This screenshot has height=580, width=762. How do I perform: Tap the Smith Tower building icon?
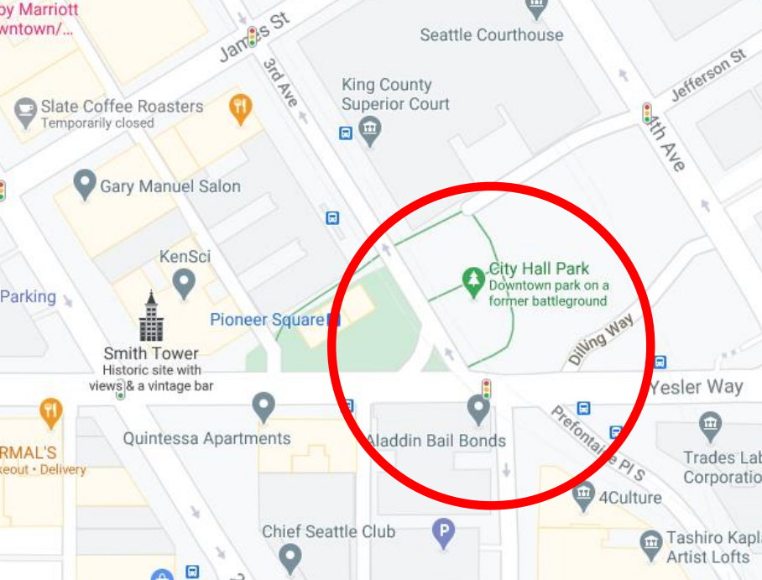coord(151,317)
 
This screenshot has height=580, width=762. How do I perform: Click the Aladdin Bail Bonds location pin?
coord(478,410)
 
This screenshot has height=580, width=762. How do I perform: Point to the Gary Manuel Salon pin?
coord(85,184)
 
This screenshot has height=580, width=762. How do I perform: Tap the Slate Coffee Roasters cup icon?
coord(26,109)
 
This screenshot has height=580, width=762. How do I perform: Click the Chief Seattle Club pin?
coord(290,556)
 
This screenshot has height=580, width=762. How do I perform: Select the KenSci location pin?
coord(184,284)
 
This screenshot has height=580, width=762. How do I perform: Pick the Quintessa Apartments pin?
coord(264,407)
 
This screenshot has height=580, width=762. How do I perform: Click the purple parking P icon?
coord(443,530)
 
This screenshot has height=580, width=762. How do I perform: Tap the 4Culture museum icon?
coord(583,497)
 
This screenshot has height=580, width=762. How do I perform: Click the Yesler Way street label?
coord(696,387)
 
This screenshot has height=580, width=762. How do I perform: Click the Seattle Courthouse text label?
coord(492,35)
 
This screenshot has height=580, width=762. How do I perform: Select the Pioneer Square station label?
coord(267,320)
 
